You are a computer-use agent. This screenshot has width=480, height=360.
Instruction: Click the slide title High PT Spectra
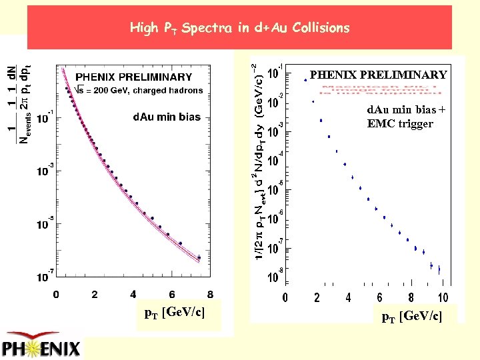click(239, 28)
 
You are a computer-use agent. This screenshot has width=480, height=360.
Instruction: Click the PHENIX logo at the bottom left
click(41, 345)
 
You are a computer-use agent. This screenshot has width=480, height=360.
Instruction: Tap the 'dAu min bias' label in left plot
click(167, 117)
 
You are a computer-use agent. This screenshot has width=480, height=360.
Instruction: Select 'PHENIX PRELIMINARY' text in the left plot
click(133, 77)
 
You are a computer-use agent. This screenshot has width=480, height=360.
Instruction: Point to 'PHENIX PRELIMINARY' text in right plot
click(378, 75)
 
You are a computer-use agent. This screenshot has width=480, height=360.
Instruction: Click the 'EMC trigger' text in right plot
click(400, 123)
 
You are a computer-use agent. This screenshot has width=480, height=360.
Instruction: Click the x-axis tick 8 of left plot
click(211, 294)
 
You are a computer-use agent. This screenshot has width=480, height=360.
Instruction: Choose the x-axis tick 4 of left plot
click(133, 294)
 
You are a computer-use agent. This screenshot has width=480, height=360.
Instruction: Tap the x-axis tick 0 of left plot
click(56, 294)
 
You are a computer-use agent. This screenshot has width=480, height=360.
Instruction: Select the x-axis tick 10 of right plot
click(442, 297)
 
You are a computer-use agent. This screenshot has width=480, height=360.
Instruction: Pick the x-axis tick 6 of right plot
click(379, 297)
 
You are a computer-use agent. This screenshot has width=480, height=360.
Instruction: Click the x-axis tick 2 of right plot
click(317, 297)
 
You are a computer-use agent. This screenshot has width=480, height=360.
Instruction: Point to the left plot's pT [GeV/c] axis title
click(175, 313)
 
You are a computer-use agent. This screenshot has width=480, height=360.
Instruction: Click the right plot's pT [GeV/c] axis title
click(411, 317)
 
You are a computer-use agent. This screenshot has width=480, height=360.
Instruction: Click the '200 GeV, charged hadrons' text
click(143, 90)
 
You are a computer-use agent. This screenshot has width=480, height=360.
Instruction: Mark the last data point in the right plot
click(439, 270)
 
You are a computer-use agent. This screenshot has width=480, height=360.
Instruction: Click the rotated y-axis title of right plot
click(257, 160)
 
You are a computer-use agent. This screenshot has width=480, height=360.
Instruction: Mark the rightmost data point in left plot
click(199, 257)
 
